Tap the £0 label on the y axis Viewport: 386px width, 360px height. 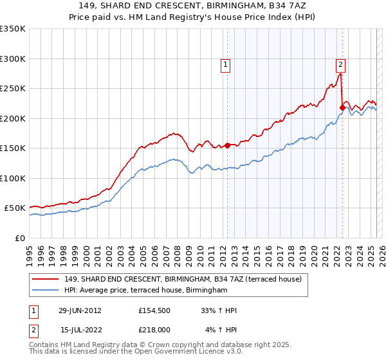coord(19,238)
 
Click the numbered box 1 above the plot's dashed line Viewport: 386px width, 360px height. coord(226,64)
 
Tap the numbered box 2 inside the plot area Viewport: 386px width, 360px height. coord(340,64)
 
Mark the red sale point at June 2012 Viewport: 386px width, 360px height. coord(227,146)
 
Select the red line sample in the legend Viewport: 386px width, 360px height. coord(46,279)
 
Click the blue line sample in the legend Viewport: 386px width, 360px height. coord(46,291)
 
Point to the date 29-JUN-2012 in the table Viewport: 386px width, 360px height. coord(80,310)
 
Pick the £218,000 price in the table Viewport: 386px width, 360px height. coord(154,329)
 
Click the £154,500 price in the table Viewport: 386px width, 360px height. coord(154,310)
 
